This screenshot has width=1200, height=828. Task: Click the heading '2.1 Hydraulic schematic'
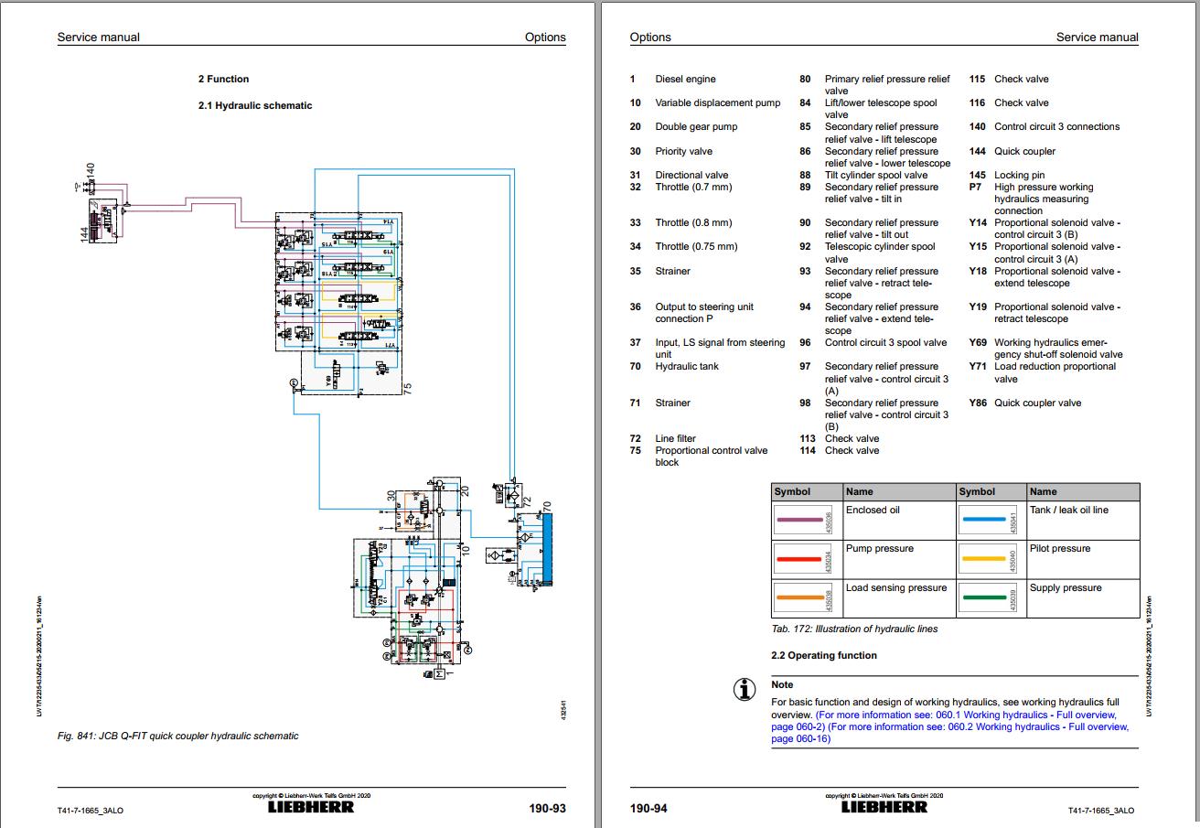click(x=255, y=105)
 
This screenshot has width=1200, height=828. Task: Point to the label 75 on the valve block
click(x=409, y=387)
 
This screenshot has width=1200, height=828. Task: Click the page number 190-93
click(x=547, y=809)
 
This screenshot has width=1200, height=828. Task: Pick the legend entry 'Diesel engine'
click(x=685, y=79)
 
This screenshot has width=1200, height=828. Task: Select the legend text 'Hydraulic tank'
click(x=686, y=366)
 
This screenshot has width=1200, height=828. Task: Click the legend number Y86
click(x=978, y=403)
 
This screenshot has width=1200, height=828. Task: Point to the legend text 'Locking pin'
click(x=1019, y=175)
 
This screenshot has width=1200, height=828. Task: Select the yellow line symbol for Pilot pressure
click(x=983, y=557)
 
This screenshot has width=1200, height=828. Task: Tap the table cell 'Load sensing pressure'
click(x=895, y=587)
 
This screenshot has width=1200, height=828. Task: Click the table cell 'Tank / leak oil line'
click(x=1068, y=510)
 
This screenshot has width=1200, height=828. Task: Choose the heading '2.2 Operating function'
click(x=823, y=655)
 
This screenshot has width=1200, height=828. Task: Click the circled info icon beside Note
click(x=745, y=690)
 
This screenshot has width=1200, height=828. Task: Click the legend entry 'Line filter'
click(x=675, y=438)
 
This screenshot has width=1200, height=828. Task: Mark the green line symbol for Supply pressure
click(x=983, y=597)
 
